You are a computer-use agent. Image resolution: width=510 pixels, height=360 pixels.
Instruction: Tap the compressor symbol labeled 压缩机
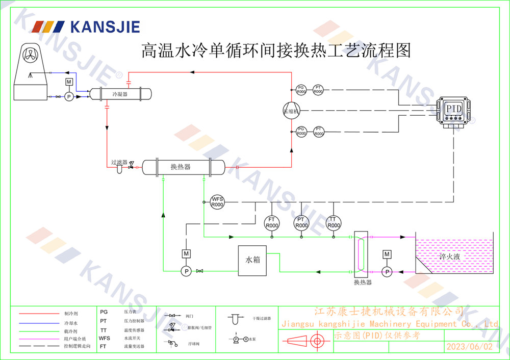click(x=292, y=111)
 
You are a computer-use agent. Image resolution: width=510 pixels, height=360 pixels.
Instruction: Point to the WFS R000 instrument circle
click(x=218, y=201)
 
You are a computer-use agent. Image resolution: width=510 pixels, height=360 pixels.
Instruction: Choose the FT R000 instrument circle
click(x=272, y=223)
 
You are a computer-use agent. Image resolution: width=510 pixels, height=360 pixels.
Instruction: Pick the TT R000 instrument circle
click(x=333, y=223)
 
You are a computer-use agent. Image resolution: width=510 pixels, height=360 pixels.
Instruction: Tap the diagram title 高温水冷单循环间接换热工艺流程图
click(x=275, y=50)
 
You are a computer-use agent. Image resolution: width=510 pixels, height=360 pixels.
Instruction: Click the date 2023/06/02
click(x=470, y=347)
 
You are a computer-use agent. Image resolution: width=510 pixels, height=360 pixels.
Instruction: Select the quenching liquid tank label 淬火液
click(x=450, y=257)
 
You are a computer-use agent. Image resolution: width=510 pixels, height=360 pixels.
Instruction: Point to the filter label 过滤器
click(x=119, y=162)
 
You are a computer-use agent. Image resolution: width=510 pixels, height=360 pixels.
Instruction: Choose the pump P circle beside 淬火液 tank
click(x=387, y=272)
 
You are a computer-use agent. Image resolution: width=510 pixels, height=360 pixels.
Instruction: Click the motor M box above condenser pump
click(x=69, y=83)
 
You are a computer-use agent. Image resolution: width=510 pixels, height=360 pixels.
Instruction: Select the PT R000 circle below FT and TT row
click(x=302, y=223)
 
